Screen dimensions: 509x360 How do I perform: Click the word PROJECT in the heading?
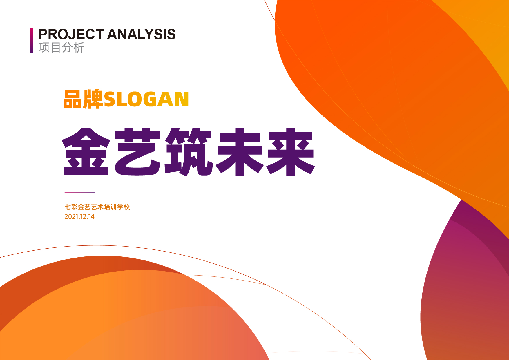coord(71,34)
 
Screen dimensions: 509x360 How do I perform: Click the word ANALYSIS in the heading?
coord(142,34)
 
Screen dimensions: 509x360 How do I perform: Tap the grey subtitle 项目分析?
coord(61,48)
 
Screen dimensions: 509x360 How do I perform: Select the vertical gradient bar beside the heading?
coord(31,40)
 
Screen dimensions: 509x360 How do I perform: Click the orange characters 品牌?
coord(83,99)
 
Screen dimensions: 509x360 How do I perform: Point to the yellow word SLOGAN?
coord(146,100)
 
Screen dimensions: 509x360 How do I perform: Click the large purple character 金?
coord(86,151)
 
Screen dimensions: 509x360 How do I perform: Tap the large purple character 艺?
coord(137,151)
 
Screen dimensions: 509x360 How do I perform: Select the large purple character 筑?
coord(189,152)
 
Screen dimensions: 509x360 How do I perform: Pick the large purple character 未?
coord(240,152)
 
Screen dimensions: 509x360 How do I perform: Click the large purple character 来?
coord(291,152)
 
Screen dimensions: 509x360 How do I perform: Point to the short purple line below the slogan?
coord(80,192)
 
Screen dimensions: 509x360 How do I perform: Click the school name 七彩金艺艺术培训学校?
coord(97,207)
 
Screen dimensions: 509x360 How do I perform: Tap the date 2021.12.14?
coord(79,217)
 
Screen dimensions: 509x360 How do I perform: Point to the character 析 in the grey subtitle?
coord(79,48)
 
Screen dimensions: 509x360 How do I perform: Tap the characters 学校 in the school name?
coord(124,207)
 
